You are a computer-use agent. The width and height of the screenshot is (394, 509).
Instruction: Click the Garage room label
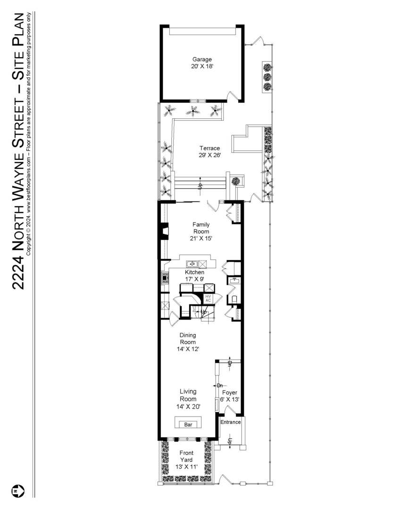(202, 63)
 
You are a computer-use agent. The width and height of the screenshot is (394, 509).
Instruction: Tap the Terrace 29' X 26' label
(209, 151)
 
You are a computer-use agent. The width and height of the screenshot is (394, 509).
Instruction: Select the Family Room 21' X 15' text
(201, 231)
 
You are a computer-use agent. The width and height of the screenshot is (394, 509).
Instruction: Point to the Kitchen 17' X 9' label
(194, 276)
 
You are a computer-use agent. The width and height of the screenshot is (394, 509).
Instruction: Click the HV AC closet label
(208, 298)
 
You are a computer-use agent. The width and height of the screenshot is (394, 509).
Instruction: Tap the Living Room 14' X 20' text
(188, 399)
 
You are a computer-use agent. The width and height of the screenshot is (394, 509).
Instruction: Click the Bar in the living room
(188, 424)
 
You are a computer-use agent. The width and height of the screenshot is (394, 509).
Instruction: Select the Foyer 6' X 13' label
(230, 395)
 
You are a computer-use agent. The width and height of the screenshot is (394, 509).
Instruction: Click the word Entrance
(231, 422)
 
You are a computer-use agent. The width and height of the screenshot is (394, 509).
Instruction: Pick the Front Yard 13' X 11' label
(186, 460)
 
